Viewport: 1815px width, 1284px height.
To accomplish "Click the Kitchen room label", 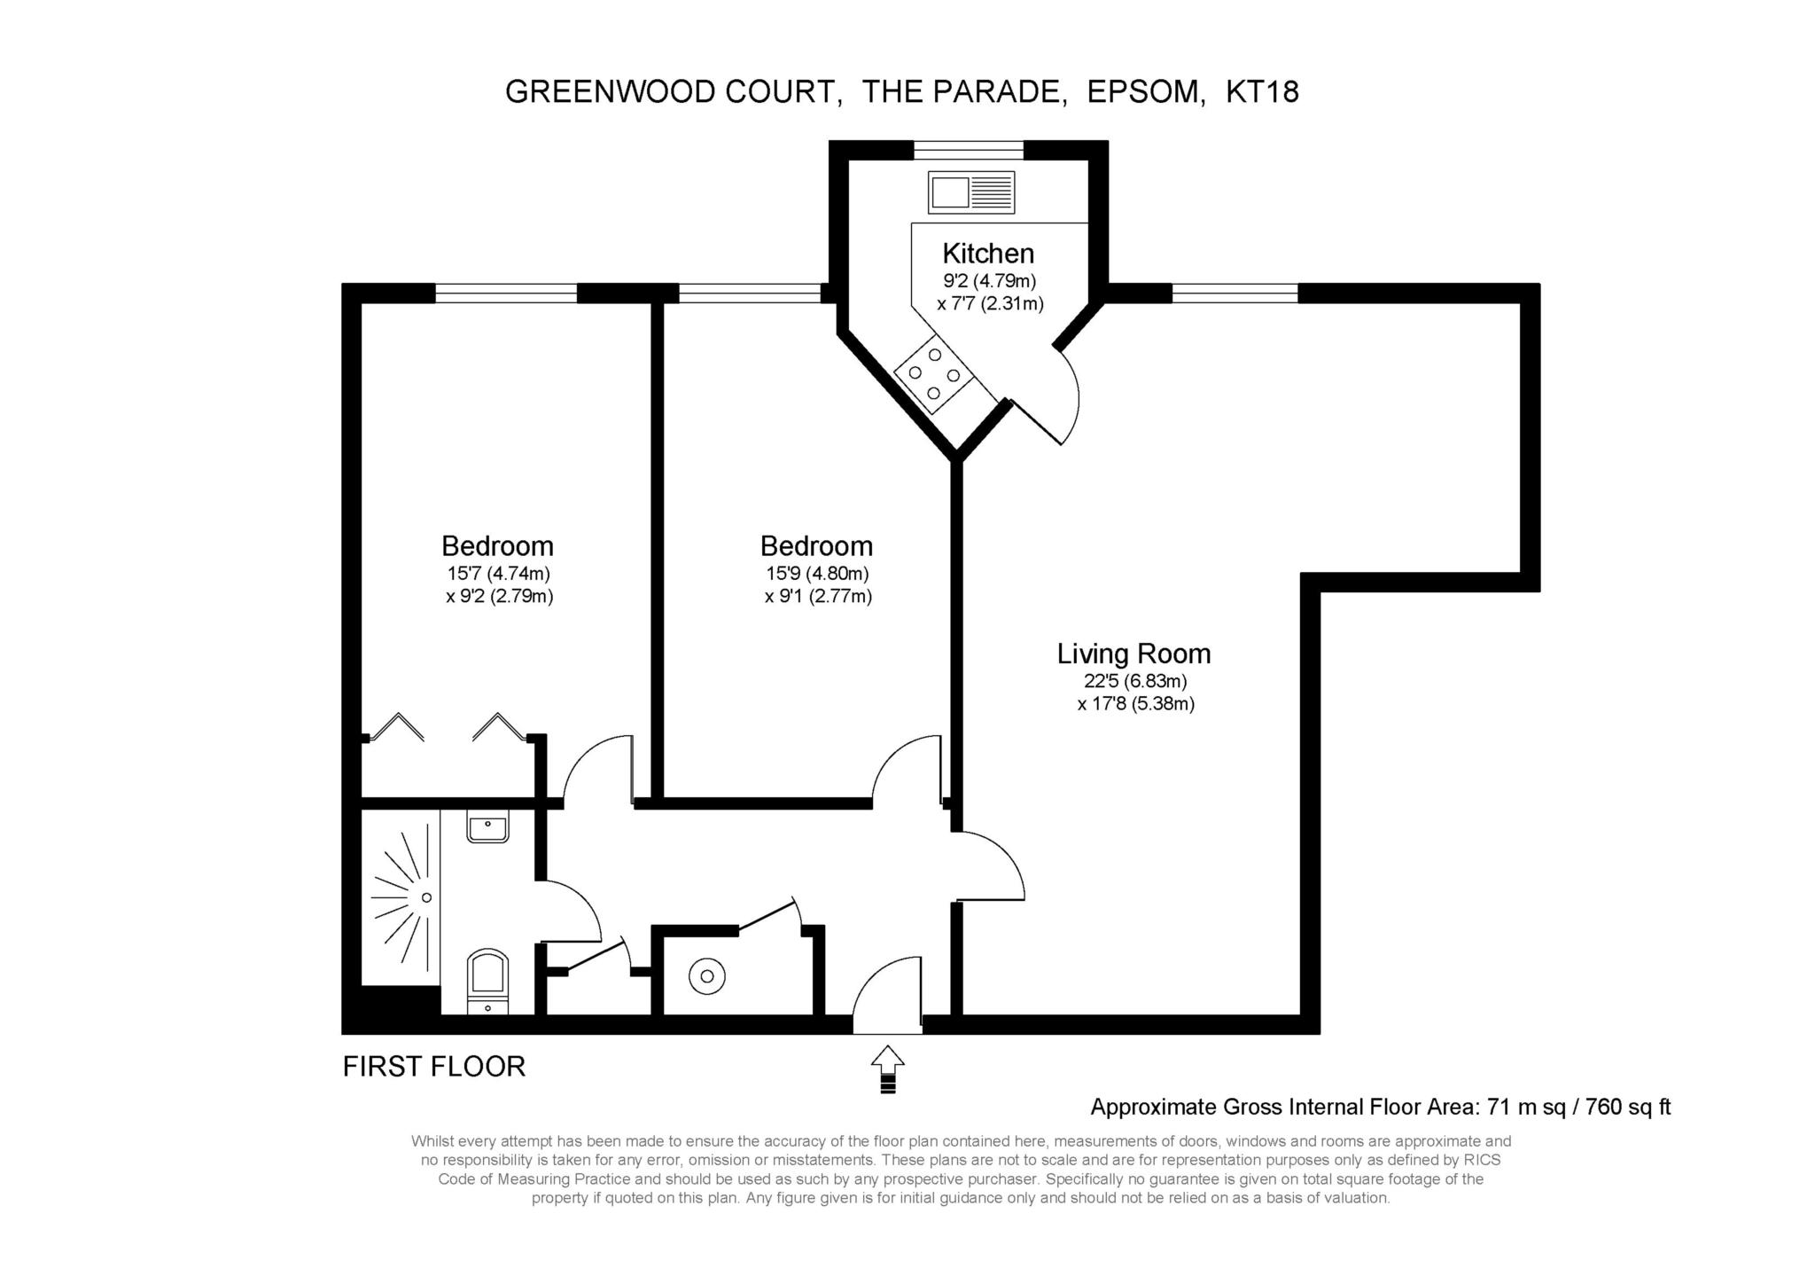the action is click(988, 254).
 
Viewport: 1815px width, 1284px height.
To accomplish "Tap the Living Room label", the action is click(1133, 654).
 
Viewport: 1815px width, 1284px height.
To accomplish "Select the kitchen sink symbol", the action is click(970, 192).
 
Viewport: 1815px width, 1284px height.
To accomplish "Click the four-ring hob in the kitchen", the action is click(934, 374).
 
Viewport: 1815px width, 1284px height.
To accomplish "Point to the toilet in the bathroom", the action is click(487, 981).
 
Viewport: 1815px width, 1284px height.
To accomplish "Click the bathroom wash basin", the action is click(487, 827).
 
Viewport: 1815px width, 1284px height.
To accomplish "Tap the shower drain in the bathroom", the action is click(426, 897).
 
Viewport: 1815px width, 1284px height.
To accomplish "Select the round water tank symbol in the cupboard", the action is click(707, 976).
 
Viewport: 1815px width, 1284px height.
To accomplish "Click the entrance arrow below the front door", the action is click(888, 1069).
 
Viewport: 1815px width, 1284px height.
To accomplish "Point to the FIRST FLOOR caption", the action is click(434, 1066).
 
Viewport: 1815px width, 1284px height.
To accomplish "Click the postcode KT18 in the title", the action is click(1262, 92).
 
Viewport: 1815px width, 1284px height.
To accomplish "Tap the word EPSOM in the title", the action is click(1146, 92).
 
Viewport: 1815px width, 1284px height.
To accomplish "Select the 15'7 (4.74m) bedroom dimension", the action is click(499, 574).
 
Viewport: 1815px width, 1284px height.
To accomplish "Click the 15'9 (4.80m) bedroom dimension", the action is click(817, 574).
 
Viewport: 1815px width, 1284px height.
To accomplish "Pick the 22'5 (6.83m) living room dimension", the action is click(1135, 682).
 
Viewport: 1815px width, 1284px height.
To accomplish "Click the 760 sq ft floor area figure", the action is click(1629, 1107).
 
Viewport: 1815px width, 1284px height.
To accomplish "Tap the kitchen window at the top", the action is click(969, 150).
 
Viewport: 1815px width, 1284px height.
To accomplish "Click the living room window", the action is click(1235, 293).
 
